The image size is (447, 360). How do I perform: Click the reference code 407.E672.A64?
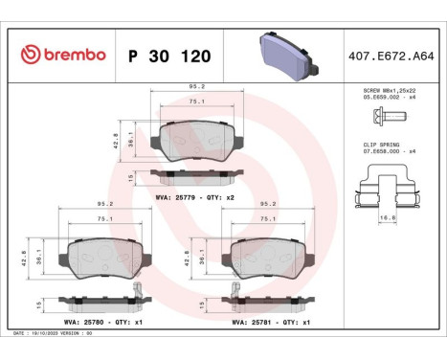[x=393, y=56]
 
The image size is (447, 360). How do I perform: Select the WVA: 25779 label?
[x=173, y=196]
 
